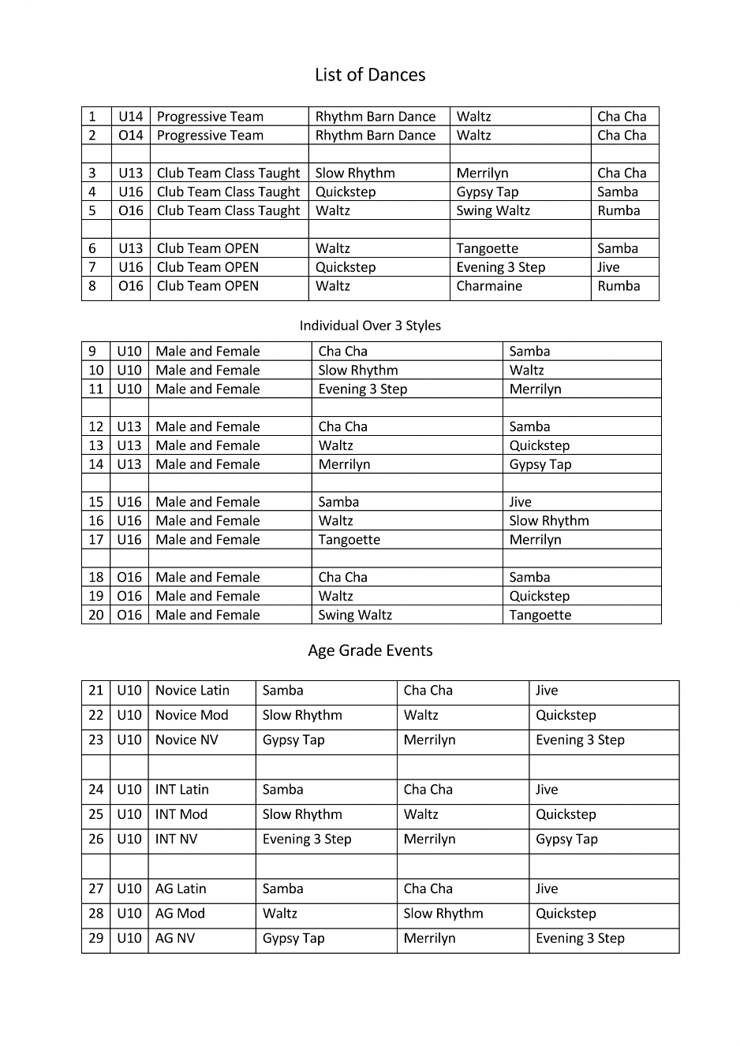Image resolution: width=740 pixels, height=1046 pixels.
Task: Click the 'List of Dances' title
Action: [x=370, y=75]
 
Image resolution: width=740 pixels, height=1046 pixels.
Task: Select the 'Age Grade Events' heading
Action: [x=370, y=650]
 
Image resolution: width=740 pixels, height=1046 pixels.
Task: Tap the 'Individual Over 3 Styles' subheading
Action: [x=370, y=326]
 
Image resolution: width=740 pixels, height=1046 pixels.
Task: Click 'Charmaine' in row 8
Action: [x=489, y=286]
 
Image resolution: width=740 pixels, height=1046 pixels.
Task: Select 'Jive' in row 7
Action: [x=608, y=267]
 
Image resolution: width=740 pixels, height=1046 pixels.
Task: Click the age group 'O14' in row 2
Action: [x=131, y=135]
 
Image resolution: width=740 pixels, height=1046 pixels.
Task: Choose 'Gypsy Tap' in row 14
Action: [x=540, y=464]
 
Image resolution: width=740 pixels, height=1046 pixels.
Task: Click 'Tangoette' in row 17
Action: [x=349, y=540]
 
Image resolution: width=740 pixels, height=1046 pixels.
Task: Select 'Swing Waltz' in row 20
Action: [x=355, y=615]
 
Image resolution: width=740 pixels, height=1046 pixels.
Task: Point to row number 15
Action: [x=96, y=502]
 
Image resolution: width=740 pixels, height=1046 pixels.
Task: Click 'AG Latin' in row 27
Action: [x=181, y=889]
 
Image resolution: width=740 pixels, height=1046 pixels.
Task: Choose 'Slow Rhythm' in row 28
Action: [x=443, y=914]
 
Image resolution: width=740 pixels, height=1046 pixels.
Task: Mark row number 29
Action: [x=96, y=939]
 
